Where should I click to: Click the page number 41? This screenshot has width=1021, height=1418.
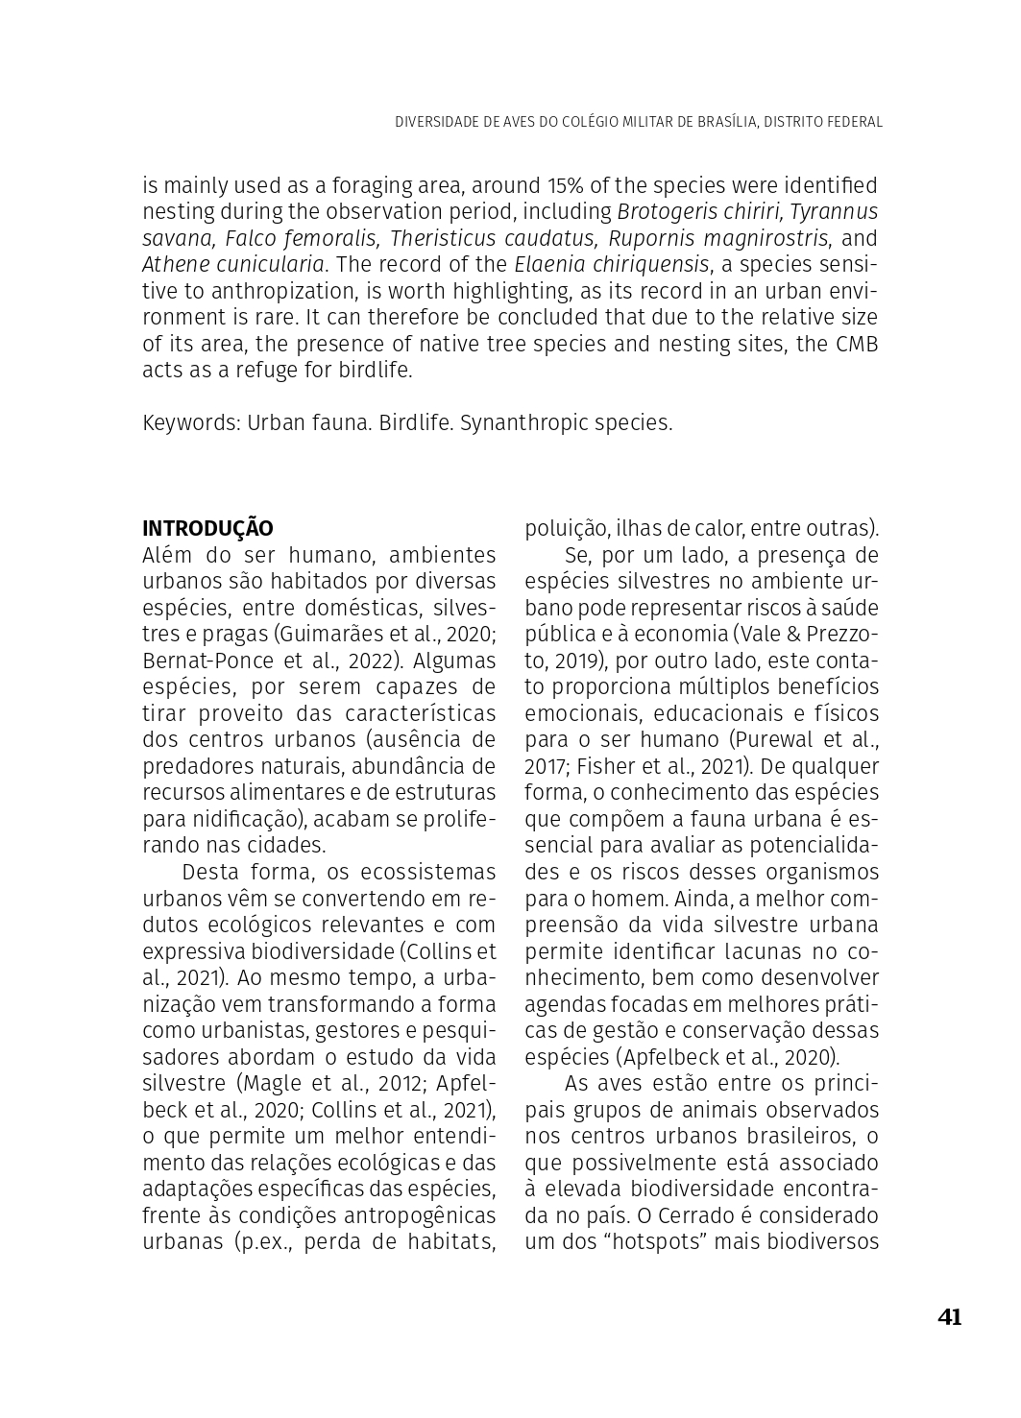[x=949, y=1317]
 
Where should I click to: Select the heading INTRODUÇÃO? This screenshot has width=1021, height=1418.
[x=207, y=529]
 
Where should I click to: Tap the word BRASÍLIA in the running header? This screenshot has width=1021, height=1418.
[x=722, y=122]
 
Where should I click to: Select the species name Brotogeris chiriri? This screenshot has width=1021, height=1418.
[x=699, y=211]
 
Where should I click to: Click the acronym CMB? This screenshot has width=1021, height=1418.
[x=856, y=344]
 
